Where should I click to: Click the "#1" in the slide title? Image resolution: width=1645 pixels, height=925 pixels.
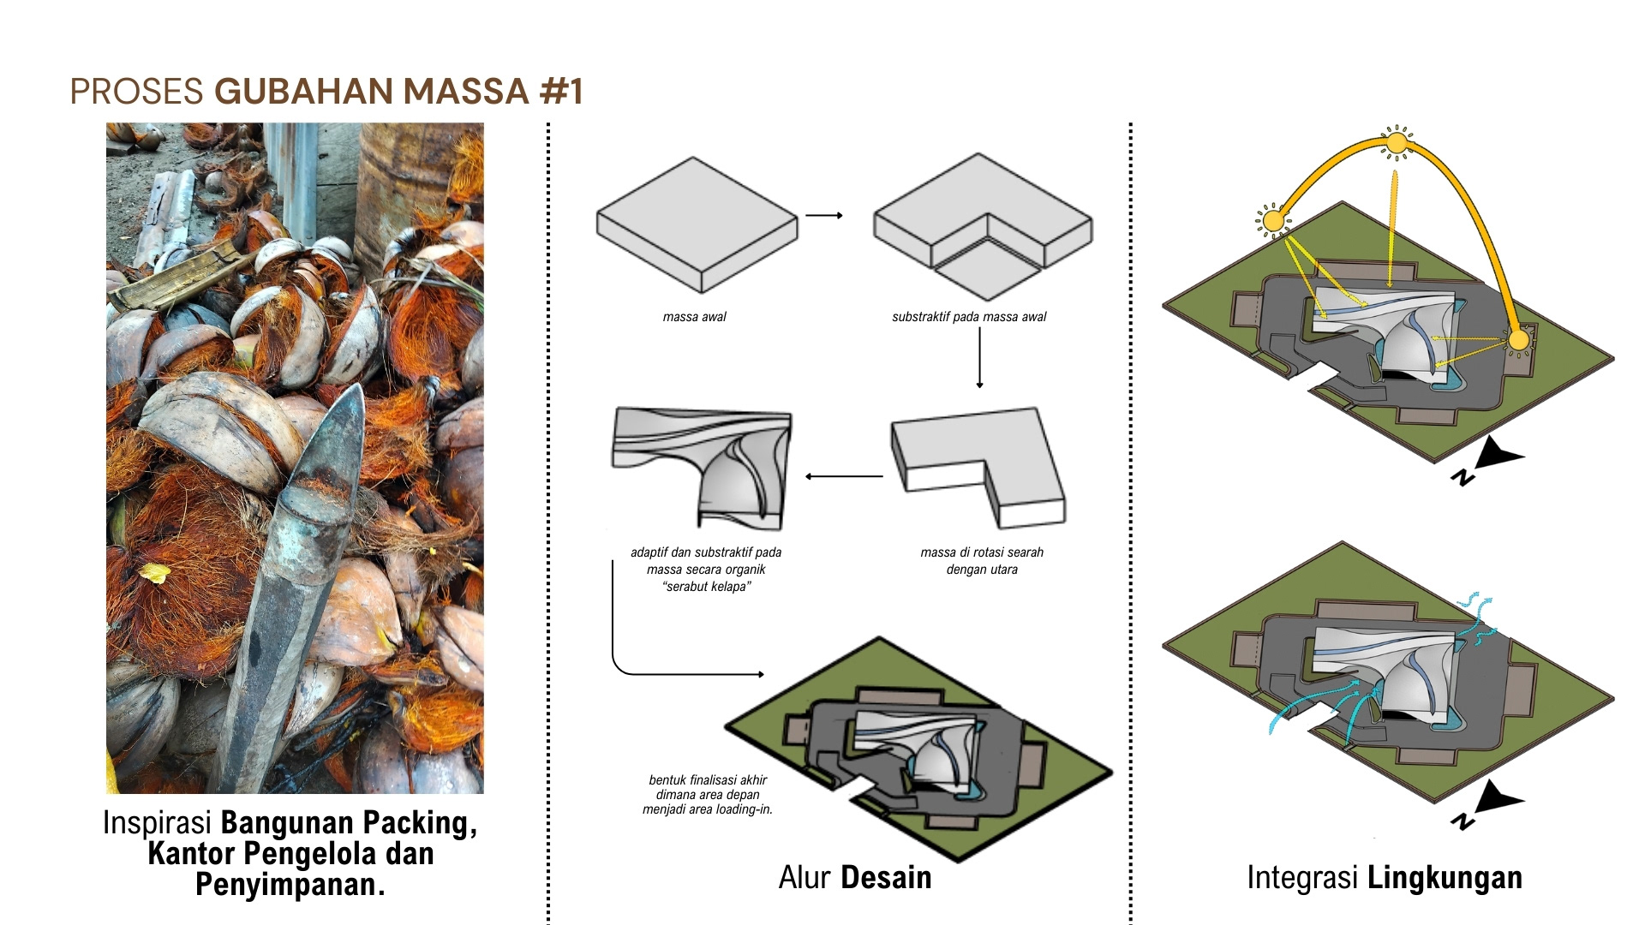click(561, 92)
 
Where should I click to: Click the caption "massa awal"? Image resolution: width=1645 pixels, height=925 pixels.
click(694, 317)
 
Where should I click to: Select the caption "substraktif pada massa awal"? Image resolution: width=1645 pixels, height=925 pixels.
click(969, 317)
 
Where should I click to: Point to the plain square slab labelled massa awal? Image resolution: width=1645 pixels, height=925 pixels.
click(697, 224)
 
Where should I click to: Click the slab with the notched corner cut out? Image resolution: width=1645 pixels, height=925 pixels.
click(982, 224)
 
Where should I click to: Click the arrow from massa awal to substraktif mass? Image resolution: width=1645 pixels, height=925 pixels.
click(824, 216)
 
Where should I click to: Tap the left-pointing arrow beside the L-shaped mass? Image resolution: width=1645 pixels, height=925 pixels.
click(844, 476)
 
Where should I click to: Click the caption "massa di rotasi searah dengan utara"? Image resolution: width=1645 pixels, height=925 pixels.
click(982, 561)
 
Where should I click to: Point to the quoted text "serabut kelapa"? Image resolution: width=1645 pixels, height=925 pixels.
click(707, 587)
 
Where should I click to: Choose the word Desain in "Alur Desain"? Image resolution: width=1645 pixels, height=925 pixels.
click(886, 878)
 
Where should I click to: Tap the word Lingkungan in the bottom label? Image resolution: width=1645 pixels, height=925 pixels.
click(1445, 878)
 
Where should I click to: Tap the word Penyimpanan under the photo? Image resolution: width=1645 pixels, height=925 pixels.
click(290, 885)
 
